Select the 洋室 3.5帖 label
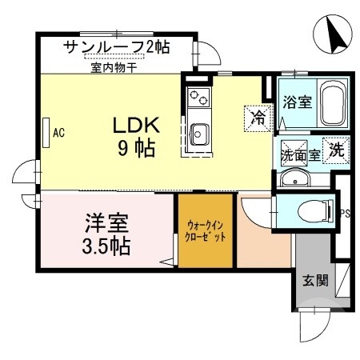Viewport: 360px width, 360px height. coord(107,232)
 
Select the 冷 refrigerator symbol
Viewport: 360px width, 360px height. coord(258,117)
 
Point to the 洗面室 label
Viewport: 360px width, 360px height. coord(300,155)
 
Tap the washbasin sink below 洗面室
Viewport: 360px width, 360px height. coord(297,178)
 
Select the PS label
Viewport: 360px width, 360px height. coord(346,214)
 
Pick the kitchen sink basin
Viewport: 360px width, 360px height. coord(198,133)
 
